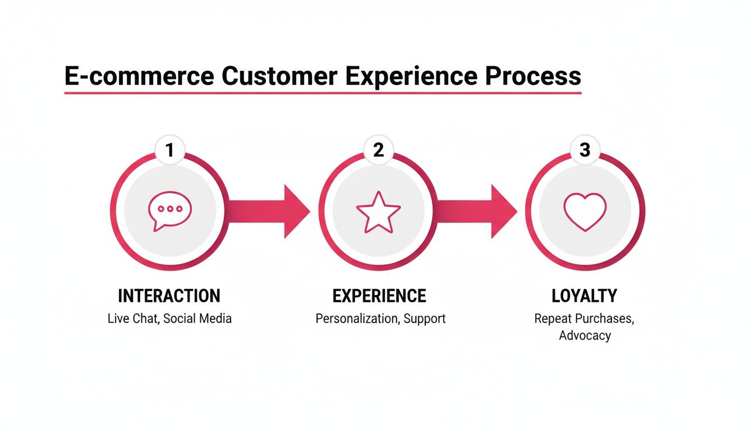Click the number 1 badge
[169, 150]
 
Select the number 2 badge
[378, 150]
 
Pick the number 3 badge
[585, 150]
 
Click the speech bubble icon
[169, 212]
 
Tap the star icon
[378, 212]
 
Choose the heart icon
[585, 212]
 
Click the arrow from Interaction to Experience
[269, 212]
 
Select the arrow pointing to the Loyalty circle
[477, 212]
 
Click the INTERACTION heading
[169, 296]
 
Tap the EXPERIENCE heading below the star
[379, 296]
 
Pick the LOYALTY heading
[585, 296]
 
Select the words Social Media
[197, 319]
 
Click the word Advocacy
[585, 336]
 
